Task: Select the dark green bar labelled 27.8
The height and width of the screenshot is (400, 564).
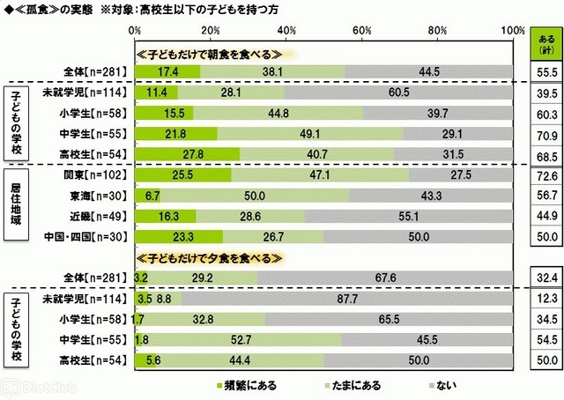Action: pos(187,154)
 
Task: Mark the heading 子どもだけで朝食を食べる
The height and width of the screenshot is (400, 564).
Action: pos(211,53)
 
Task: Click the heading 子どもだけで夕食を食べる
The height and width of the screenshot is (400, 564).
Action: pos(211,259)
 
